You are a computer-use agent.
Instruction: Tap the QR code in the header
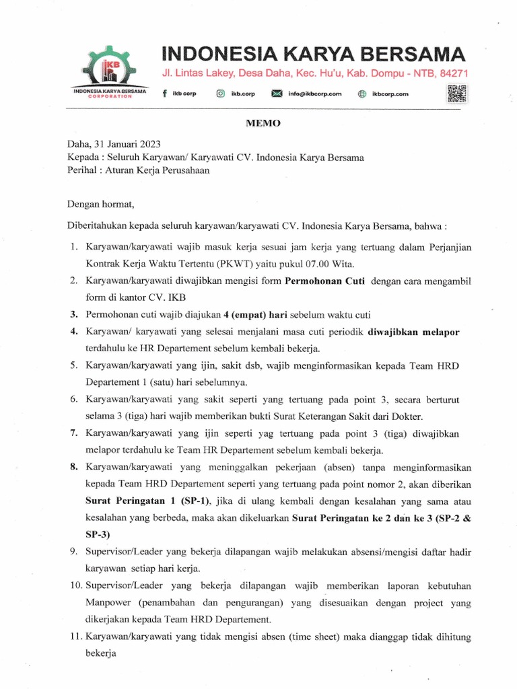(x=457, y=94)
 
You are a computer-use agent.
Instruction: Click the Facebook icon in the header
(x=165, y=94)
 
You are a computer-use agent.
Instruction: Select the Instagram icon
(x=220, y=94)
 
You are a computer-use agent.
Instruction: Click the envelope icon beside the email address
(x=276, y=94)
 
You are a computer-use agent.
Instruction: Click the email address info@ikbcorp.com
(x=315, y=94)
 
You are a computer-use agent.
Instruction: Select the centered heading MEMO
(x=258, y=124)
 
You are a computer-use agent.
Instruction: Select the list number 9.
(x=74, y=552)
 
